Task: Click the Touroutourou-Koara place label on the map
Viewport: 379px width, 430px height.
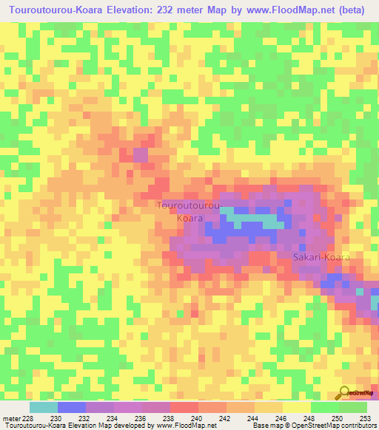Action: click(188, 211)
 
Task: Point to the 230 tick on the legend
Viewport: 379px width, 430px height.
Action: click(57, 417)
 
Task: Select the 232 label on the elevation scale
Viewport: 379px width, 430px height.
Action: click(85, 417)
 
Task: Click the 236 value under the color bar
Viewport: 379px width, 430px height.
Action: click(141, 417)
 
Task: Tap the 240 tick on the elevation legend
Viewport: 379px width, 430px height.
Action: click(198, 417)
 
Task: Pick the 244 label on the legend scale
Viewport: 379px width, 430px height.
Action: click(254, 417)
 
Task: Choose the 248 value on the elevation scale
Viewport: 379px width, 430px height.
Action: click(310, 417)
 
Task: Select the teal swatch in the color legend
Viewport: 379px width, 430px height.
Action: click(43, 407)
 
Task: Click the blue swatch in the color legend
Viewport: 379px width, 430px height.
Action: click(71, 407)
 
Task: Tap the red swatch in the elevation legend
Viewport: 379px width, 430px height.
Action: click(184, 407)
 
